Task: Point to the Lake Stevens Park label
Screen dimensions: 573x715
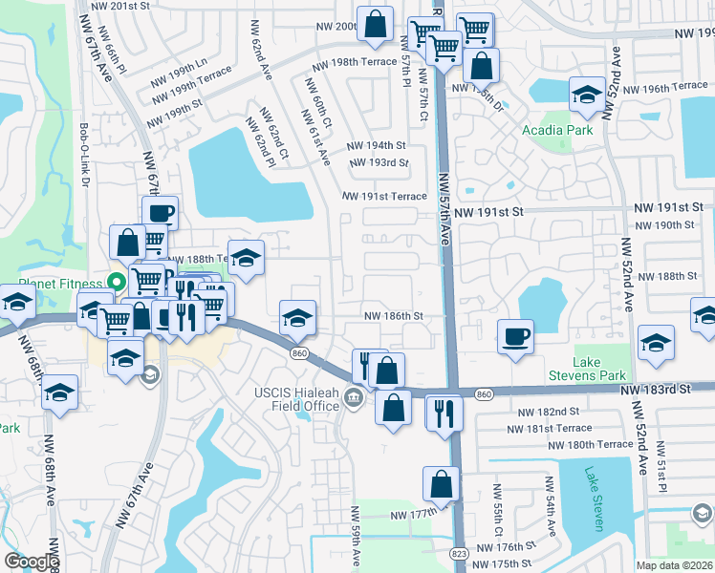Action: point(586,369)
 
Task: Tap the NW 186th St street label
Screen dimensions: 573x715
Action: point(392,315)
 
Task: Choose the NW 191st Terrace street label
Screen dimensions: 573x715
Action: point(385,196)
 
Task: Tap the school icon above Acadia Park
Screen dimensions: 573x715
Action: point(586,95)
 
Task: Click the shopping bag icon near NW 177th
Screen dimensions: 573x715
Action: point(441,484)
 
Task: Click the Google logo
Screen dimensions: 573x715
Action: point(32,562)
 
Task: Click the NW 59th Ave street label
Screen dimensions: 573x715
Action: point(355,536)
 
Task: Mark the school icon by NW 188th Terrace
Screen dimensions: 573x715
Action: point(246,258)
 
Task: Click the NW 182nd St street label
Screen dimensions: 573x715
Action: point(548,411)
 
